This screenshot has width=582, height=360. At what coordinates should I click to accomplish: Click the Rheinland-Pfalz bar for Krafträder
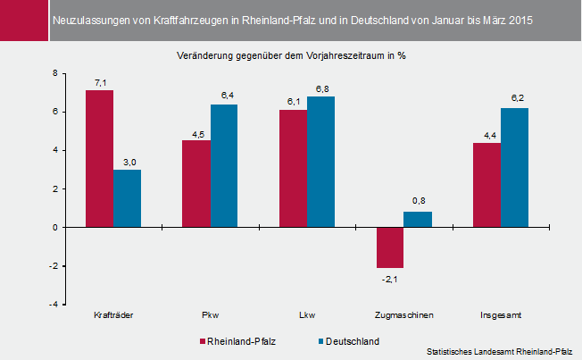99,159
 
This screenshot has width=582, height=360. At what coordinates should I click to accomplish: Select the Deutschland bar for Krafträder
128,198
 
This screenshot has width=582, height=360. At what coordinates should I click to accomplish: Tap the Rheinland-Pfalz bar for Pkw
196,184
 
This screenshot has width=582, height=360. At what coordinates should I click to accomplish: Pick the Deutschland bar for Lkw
321,162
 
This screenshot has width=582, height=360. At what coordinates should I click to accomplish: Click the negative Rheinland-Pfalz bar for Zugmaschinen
390,247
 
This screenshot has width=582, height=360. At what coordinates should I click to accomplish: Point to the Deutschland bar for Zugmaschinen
418,220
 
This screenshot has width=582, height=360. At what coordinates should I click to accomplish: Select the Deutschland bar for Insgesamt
515,168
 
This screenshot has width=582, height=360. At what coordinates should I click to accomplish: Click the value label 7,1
100,83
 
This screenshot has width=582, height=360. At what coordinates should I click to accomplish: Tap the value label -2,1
389,279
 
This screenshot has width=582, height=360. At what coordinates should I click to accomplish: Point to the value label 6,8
321,89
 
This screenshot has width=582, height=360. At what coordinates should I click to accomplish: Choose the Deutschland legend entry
348,341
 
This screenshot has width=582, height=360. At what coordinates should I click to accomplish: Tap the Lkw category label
307,315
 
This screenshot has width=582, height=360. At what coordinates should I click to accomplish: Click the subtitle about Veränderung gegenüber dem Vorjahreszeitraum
292,55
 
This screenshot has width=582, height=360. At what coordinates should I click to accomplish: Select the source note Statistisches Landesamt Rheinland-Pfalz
500,351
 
